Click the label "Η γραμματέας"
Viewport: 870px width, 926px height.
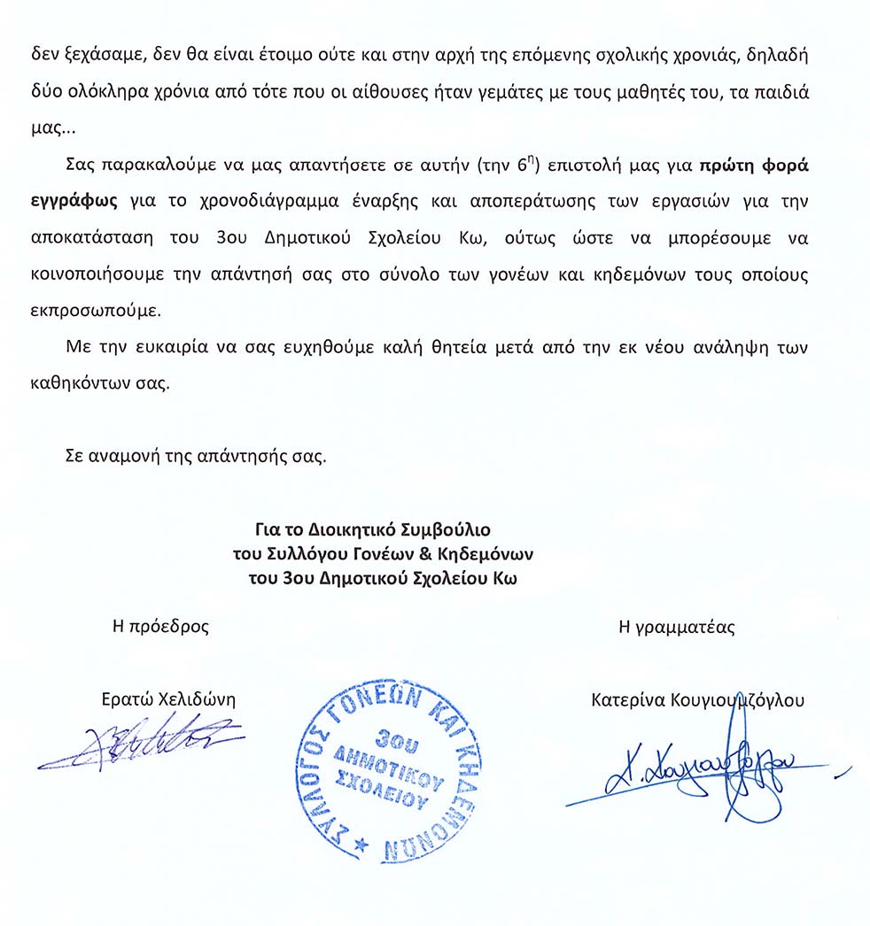tap(676, 627)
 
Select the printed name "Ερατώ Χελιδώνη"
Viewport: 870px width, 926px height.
tap(169, 699)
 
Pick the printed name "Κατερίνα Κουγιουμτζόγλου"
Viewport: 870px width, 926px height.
tap(697, 699)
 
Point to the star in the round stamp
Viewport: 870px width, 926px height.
tap(359, 847)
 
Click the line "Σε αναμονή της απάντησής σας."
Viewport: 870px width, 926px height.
tap(197, 459)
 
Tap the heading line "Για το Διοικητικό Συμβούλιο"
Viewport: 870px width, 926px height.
tap(372, 531)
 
